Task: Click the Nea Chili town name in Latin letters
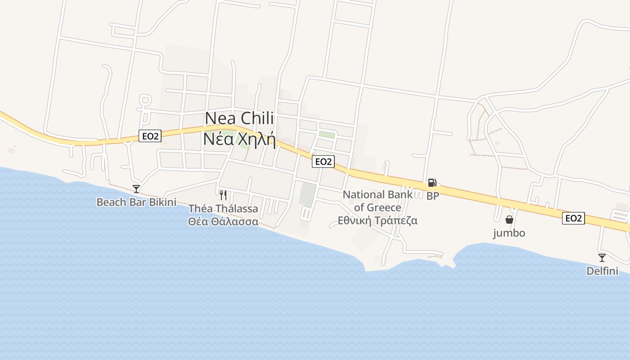pyautogui.click(x=239, y=118)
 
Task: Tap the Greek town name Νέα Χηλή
pyautogui.click(x=239, y=139)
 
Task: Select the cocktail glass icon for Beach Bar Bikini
pyautogui.click(x=136, y=189)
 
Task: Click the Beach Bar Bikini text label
pyautogui.click(x=136, y=202)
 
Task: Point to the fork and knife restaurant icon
pyautogui.click(x=223, y=195)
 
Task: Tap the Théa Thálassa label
pyautogui.click(x=223, y=208)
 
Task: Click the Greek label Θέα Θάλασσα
pyautogui.click(x=223, y=221)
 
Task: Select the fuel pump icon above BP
pyautogui.click(x=432, y=183)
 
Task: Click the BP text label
pyautogui.click(x=432, y=196)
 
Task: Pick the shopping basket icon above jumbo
pyautogui.click(x=509, y=220)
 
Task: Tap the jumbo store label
pyautogui.click(x=509, y=233)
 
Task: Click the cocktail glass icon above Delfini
pyautogui.click(x=602, y=258)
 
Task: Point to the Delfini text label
pyautogui.click(x=602, y=271)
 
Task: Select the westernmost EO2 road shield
pyautogui.click(x=150, y=136)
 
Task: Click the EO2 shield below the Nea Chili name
pyautogui.click(x=323, y=162)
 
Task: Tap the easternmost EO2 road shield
pyautogui.click(x=573, y=219)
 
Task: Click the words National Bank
pyautogui.click(x=378, y=195)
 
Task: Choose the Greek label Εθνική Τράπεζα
pyautogui.click(x=378, y=220)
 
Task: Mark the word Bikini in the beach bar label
pyautogui.click(x=162, y=202)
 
